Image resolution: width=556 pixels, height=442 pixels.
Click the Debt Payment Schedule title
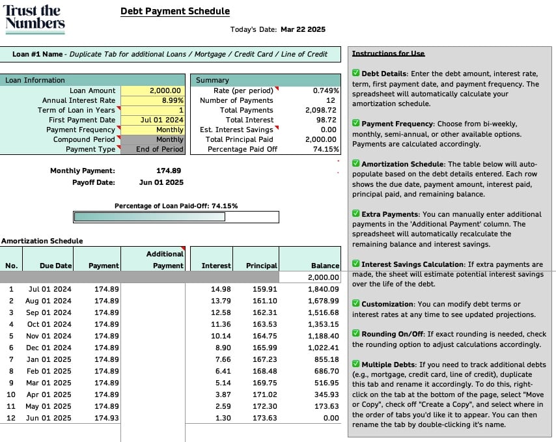(175, 11)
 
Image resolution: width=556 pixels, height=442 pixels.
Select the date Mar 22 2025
(303, 29)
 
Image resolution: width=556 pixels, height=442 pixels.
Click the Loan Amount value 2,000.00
(165, 90)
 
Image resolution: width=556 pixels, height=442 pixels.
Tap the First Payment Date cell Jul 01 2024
(162, 120)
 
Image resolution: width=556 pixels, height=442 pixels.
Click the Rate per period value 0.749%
(326, 90)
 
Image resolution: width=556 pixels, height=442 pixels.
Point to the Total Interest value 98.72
(326, 120)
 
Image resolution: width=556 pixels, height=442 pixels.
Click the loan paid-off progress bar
(176, 217)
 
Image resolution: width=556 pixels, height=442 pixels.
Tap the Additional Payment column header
(167, 260)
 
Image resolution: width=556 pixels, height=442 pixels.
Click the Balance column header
(325, 266)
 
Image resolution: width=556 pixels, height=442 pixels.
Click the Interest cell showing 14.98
(221, 289)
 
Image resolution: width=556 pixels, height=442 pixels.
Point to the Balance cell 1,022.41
(323, 348)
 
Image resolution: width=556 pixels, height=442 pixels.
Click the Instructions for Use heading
(388, 53)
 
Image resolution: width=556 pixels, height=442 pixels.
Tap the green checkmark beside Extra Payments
(356, 214)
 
